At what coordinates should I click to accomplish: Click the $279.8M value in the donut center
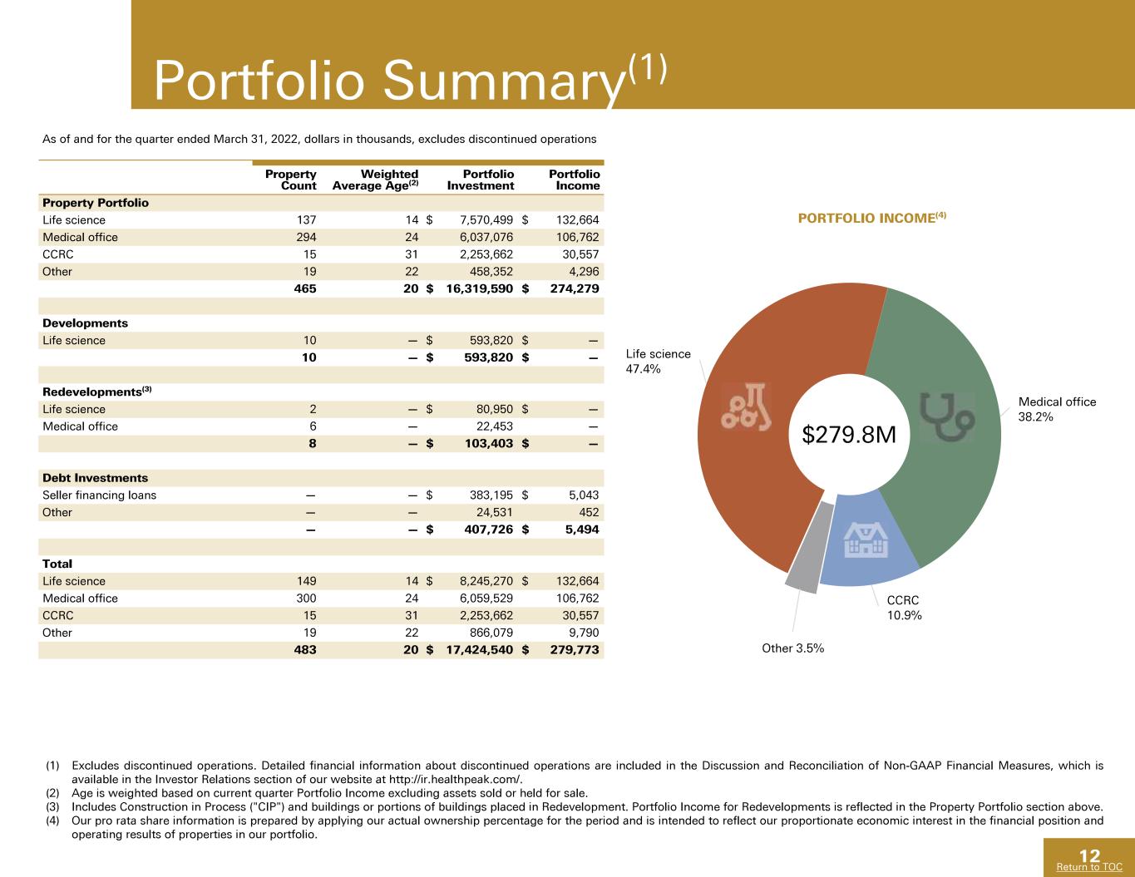pos(849,434)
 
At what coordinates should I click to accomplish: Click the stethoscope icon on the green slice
pos(946,416)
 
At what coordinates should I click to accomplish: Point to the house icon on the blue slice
pos(866,540)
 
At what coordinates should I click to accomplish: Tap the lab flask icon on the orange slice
pos(747,407)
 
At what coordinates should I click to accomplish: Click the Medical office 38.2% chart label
pos(1057,409)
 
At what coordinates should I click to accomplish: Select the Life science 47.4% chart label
pos(658,362)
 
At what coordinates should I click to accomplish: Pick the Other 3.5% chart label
pos(792,648)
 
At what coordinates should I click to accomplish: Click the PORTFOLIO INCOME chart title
pos(871,218)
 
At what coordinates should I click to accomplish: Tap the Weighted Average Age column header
pos(375,180)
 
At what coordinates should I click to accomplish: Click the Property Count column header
pos(290,180)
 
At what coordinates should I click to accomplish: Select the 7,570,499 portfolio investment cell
pos(486,219)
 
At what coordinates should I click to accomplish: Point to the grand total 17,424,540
pos(480,650)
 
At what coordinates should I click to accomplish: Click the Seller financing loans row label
pos(99,495)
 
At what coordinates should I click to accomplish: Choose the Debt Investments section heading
pos(95,478)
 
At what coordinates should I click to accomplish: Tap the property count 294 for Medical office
pos(306,237)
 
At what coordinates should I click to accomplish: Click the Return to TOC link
pos(1089,867)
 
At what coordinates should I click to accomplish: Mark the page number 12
pos(1089,855)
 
